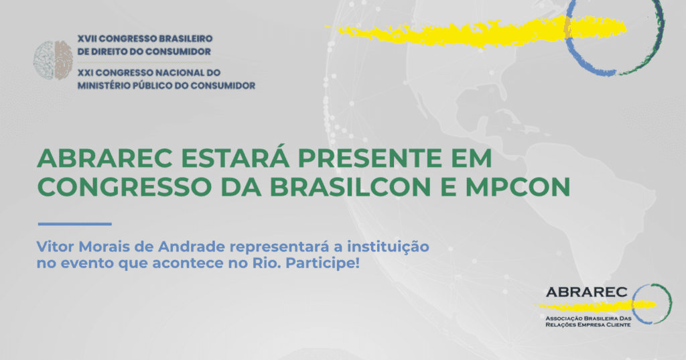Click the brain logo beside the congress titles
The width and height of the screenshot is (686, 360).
pos(53,60)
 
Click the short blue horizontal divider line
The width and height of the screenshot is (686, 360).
pos(75,224)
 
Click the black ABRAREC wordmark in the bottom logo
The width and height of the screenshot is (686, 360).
pos(586,292)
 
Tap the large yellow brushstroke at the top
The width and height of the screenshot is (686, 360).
pos(477,31)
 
